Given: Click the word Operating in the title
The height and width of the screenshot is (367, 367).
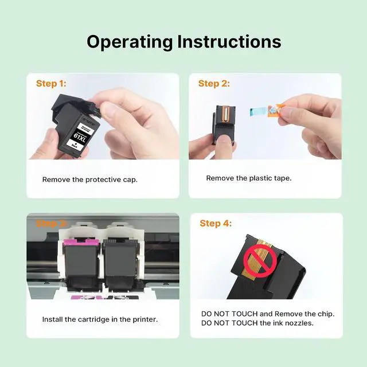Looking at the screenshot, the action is coord(130,42).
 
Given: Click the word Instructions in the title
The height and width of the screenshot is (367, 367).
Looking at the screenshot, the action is coord(229,41).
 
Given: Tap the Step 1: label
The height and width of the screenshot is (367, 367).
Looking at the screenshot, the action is coord(51,84).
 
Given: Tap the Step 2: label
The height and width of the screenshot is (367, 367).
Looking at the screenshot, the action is coord(214,84).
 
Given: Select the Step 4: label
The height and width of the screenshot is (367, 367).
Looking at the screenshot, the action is coord(216,223).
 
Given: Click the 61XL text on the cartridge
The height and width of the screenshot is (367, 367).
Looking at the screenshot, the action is coord(80,138).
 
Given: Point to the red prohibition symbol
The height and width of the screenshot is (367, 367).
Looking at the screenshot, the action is coord(260,261).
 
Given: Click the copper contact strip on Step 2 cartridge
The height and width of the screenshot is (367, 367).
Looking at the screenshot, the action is coord(226,114).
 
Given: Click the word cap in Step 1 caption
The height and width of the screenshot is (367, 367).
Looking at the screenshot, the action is coord(130,180).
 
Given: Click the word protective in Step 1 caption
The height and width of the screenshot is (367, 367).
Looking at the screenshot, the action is coord(103,180).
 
